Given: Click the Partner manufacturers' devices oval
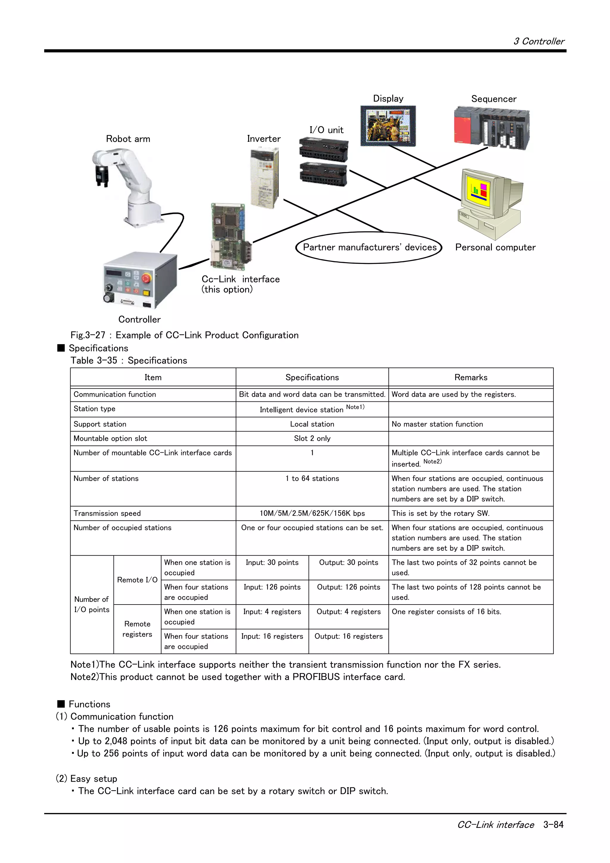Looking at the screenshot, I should click(x=369, y=247).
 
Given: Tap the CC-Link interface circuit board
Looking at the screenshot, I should click(x=230, y=237).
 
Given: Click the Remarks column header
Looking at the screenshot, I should click(x=471, y=377).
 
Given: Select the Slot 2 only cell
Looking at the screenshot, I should click(x=312, y=438).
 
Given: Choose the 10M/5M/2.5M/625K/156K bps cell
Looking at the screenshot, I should click(x=312, y=513).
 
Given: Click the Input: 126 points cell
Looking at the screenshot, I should click(x=272, y=587).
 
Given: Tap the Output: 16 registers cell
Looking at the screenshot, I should click(x=348, y=636).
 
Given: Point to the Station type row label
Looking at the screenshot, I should click(x=94, y=409).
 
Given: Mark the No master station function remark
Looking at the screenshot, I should click(x=437, y=424).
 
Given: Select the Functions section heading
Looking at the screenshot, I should click(x=89, y=704).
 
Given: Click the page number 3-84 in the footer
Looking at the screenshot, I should click(x=553, y=825).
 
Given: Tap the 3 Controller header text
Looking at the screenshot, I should click(x=539, y=41).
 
